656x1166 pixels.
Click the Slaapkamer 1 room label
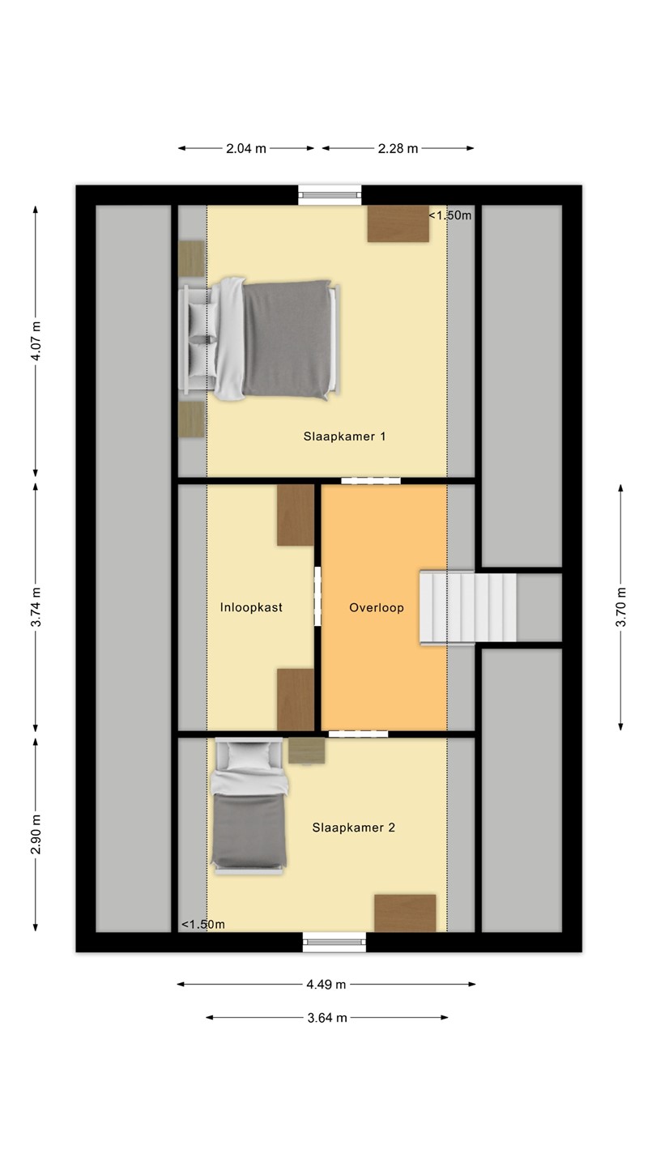coord(345,436)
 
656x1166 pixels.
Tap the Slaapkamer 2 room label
coord(353,828)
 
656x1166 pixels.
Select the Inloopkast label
coord(251,607)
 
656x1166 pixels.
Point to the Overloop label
coord(377,607)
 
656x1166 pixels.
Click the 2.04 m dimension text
coord(246,148)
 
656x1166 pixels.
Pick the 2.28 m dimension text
coord(398,148)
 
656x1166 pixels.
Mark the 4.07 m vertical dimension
coord(36,341)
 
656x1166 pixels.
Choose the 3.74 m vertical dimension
coord(36,607)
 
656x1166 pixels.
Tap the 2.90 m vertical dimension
coord(36,834)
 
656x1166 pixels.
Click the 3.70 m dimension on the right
coord(620,607)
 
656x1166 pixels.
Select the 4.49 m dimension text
coord(326,985)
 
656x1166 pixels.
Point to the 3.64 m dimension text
coord(327,1018)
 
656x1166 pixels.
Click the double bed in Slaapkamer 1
coord(259,338)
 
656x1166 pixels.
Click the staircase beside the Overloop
coord(468,607)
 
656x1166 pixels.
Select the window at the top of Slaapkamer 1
coord(330,195)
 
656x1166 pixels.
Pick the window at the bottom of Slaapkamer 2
coord(334,942)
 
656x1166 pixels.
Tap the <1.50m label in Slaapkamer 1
coord(449,215)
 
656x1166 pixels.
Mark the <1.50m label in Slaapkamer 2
coord(203,925)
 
